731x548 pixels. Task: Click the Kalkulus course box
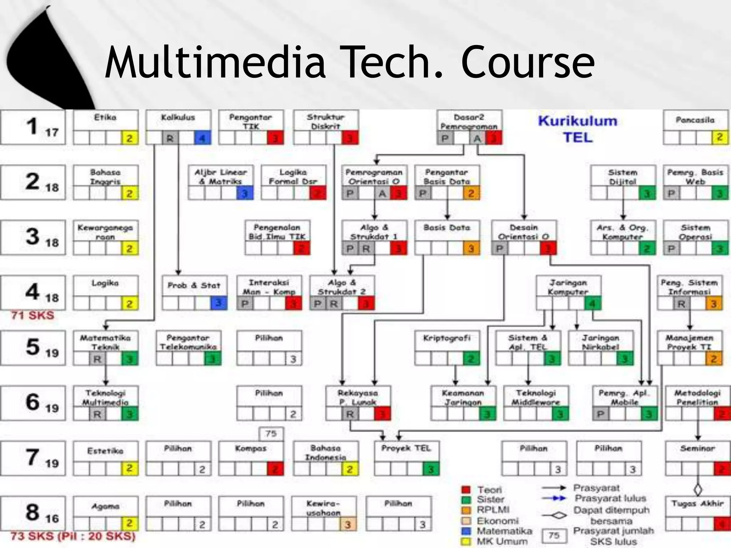178,127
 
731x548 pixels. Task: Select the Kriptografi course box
447,348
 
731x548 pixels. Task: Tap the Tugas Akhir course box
697,513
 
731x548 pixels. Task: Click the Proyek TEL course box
407,458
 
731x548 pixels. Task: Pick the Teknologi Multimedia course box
106,403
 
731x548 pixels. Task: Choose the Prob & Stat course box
195,293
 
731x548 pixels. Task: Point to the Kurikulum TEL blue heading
578,129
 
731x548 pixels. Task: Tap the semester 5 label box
33,348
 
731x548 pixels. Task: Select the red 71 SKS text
32,315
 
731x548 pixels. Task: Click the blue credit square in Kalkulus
202,138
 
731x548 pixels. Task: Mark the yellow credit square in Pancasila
720,137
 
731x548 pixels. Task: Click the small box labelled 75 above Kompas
271,434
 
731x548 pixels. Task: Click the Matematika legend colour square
466,531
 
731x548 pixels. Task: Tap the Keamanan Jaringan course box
463,403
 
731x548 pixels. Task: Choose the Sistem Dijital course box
623,182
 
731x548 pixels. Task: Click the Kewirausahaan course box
323,513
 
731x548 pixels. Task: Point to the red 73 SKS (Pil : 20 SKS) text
73,536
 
